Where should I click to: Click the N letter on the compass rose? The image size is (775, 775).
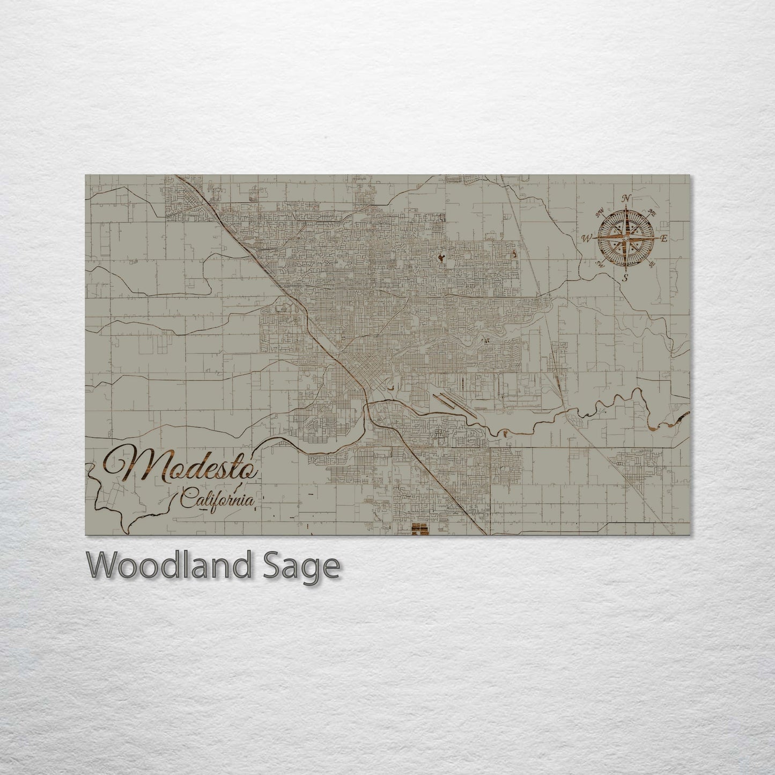[625, 198]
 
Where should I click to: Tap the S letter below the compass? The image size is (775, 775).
[625, 277]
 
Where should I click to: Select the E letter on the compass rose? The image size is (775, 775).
[663, 239]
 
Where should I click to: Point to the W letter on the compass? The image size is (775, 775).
[587, 238]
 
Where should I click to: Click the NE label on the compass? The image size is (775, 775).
[652, 212]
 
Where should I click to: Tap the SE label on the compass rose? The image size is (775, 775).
[651, 264]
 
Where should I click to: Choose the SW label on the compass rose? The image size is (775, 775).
[600, 264]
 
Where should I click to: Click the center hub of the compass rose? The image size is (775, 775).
[625, 237]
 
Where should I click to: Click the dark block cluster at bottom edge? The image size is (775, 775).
[419, 530]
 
